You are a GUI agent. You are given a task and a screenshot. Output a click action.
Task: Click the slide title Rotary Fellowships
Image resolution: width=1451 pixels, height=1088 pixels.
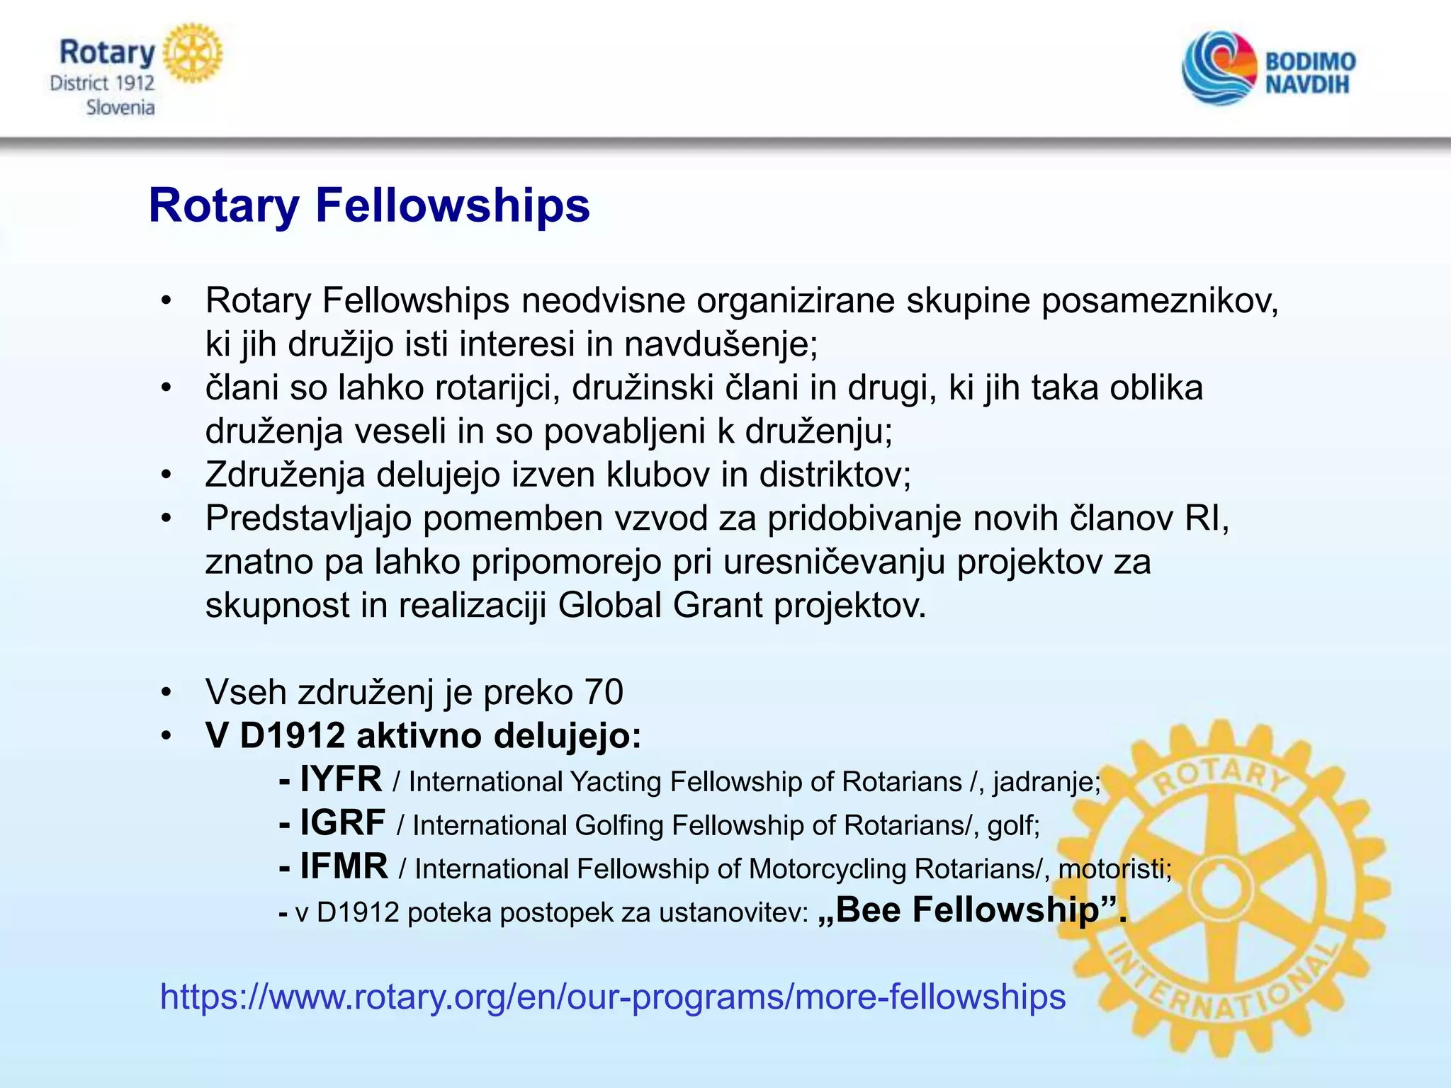pos(368,206)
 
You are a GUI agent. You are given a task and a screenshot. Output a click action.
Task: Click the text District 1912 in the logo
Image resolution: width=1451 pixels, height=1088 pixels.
pos(102,84)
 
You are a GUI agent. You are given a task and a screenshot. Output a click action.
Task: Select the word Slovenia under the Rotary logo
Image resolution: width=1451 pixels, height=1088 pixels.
pos(120,108)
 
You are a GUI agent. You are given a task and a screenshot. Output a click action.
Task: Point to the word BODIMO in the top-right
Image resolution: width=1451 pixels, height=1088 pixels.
pos(1310,62)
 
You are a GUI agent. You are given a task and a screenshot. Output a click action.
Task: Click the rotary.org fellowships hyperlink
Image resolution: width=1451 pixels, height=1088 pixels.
pos(613,997)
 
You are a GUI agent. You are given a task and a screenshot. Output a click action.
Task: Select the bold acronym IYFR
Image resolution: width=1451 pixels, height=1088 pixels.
pos(341,780)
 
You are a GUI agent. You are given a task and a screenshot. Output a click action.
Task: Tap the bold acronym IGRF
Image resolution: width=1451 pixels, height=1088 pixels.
pos(342,823)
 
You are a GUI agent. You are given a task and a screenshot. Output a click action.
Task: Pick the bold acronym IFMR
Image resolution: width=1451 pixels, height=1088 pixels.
pos(344,866)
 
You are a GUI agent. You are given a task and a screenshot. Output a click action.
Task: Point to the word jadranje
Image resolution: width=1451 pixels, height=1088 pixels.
pos(1046,782)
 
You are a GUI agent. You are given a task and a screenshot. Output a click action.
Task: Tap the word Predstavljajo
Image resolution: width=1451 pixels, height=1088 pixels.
pos(309,518)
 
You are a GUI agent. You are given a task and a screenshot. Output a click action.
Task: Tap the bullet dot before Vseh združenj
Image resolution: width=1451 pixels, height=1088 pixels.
pos(166,692)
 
